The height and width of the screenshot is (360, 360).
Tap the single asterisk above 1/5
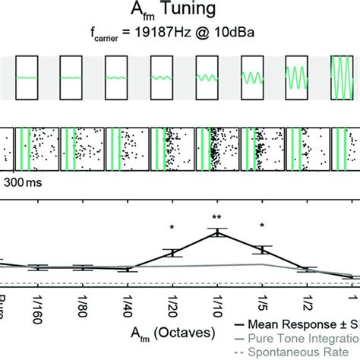262,225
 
